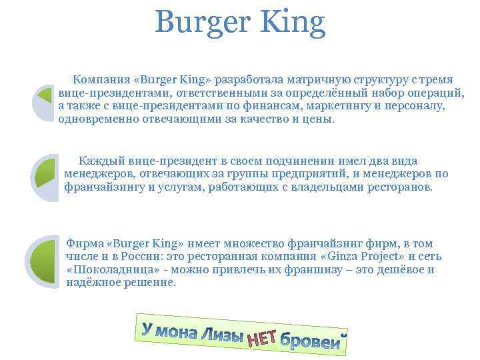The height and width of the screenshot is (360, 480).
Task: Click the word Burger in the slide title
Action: [x=197, y=24]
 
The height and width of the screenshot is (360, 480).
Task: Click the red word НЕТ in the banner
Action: [x=262, y=340]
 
